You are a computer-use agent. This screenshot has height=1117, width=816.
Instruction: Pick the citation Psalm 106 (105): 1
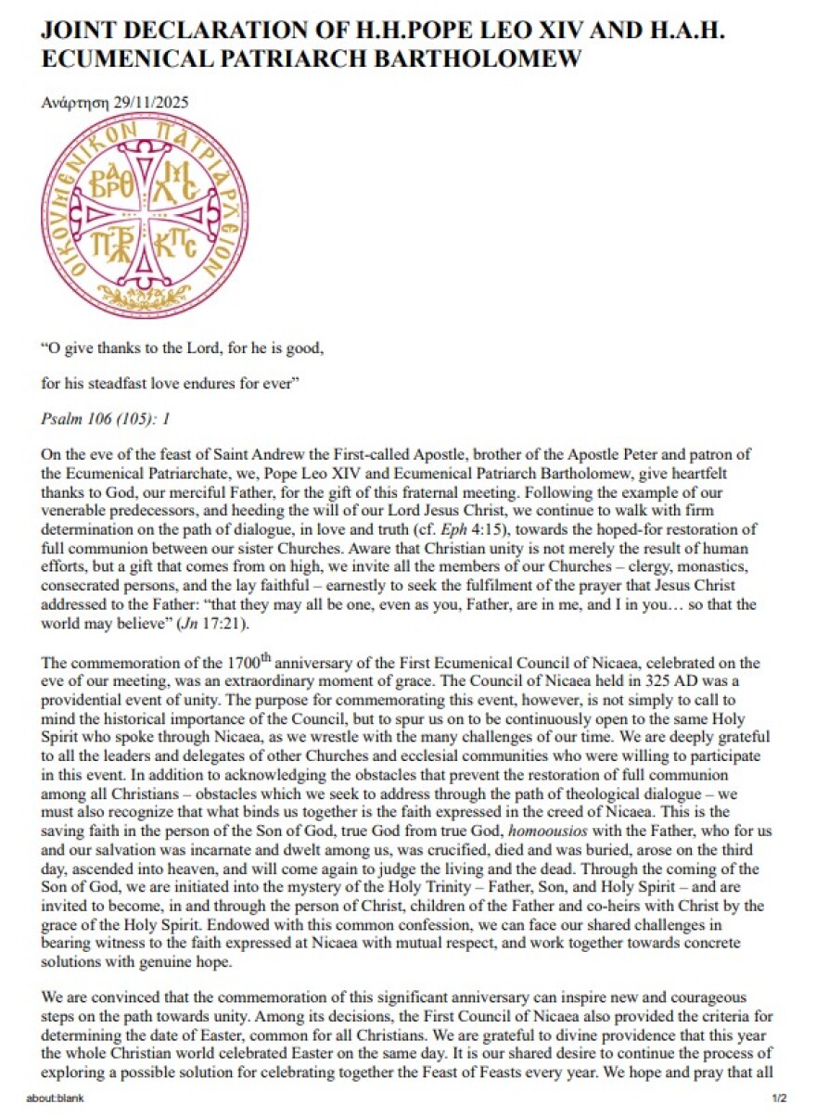(106, 418)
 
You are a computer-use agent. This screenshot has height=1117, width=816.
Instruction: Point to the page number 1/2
(779, 1100)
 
